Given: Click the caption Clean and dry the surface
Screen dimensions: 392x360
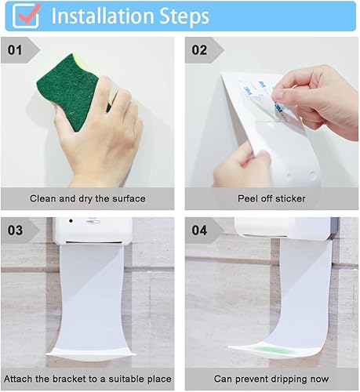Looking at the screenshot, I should pyautogui.click(x=87, y=199).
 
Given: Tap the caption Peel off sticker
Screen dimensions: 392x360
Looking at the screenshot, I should pyautogui.click(x=271, y=199).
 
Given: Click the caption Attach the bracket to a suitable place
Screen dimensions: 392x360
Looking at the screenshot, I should pyautogui.click(x=87, y=380).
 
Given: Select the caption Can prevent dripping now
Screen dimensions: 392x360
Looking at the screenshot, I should pyautogui.click(x=271, y=380).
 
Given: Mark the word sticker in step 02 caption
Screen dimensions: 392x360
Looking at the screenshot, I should pyautogui.click(x=289, y=199).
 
